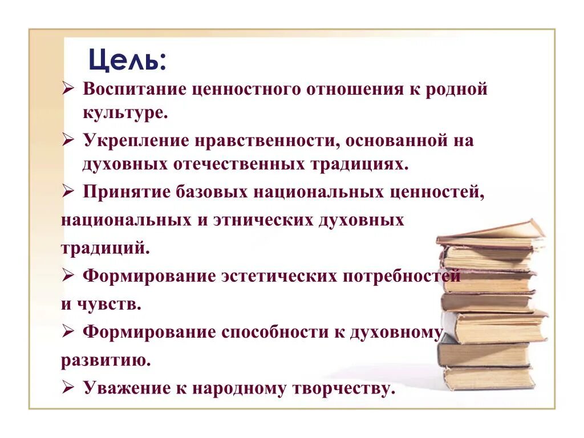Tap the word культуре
(x=125, y=112)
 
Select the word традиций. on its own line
(x=106, y=249)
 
